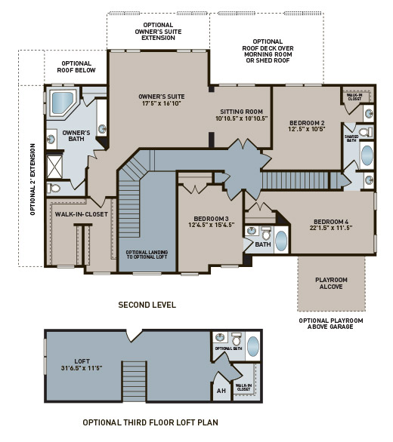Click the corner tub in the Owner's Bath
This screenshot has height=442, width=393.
coord(60,103)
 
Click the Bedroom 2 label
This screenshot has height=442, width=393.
coord(307,122)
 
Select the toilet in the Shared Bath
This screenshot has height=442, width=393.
coord(362,132)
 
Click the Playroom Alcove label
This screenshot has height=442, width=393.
coord(330,283)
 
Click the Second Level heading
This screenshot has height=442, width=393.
coord(147,305)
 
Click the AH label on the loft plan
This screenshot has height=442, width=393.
coord(221,390)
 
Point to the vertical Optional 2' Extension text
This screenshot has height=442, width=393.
coord(32,180)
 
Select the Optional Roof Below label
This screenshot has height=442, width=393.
coord(75,68)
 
